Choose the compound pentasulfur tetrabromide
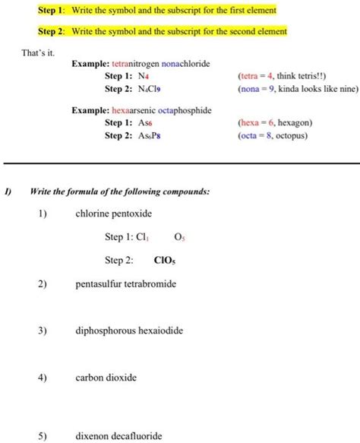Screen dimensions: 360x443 pos(125,284)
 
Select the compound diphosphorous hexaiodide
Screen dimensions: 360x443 pos(129,331)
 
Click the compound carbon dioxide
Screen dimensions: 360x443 pos(106,377)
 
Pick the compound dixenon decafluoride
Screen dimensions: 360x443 pos(118,436)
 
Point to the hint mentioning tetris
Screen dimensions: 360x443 pos(280,77)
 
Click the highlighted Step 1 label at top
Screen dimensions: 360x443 pos(52,11)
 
